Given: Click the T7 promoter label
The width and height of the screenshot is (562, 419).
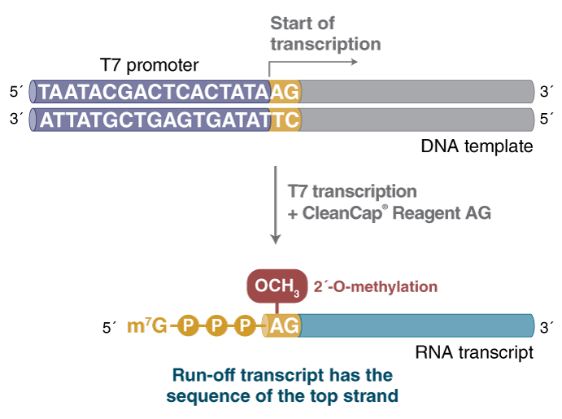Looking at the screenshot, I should (149, 64).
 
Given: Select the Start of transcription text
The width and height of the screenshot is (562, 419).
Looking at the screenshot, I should (325, 33).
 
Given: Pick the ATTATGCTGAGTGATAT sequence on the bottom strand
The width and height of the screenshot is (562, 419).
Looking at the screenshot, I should (155, 120).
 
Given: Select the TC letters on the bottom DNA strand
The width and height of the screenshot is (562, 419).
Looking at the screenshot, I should (285, 120).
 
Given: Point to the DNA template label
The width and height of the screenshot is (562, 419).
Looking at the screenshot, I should (477, 147).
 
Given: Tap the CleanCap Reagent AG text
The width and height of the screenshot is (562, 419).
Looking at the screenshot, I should (389, 213).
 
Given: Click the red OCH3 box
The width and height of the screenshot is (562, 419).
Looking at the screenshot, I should (277, 286).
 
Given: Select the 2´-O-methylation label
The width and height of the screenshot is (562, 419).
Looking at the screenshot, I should (376, 286).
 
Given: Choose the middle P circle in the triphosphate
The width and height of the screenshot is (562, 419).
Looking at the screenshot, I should (216, 326).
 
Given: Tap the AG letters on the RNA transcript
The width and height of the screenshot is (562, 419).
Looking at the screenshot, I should (284, 326).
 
